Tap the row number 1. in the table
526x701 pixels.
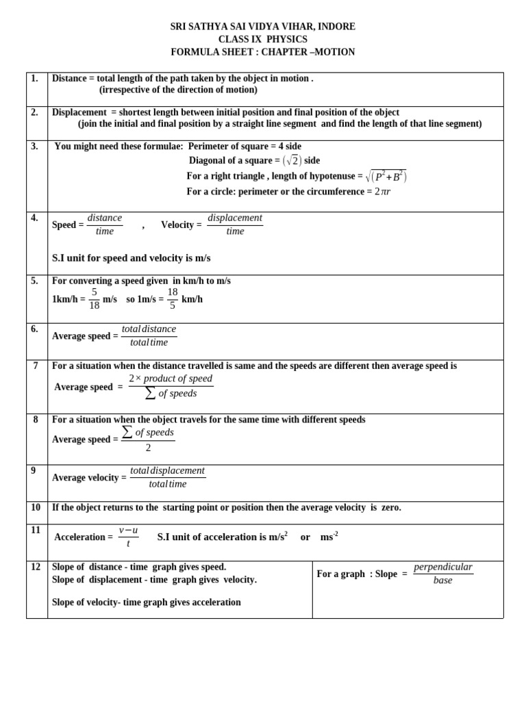point(34,79)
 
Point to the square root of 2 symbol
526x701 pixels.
point(292,160)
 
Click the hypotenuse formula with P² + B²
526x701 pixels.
point(387,176)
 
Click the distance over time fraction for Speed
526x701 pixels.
point(105,225)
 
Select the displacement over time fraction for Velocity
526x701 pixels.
point(234,225)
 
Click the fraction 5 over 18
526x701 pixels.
point(94,298)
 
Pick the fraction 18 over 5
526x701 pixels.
point(173,298)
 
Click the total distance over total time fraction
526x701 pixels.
point(149,335)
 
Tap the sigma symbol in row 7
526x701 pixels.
point(151,394)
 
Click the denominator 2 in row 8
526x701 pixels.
point(148,448)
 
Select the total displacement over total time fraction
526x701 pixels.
point(168,477)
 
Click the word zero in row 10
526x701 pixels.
point(390,507)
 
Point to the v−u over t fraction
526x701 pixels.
point(128,537)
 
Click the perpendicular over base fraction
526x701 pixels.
point(443,574)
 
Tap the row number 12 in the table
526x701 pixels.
point(36,567)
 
